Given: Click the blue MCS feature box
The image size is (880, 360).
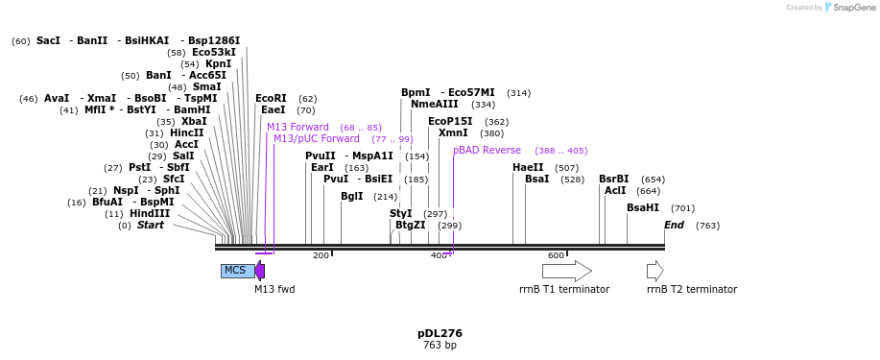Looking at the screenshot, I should tap(237, 271).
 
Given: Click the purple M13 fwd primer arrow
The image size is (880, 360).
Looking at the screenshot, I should tap(260, 271).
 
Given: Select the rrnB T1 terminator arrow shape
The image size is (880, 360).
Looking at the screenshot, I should tap(566, 271).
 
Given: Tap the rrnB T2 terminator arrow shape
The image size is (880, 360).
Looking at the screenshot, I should tap(654, 271).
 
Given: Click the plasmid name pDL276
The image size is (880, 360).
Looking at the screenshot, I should tap(440, 333).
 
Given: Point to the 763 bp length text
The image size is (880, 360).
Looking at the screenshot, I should tap(440, 346).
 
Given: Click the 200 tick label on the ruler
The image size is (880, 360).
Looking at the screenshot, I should tap(321, 255).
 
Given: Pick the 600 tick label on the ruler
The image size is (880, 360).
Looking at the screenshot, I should tap(556, 255).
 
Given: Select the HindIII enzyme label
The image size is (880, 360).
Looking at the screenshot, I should tap(150, 214).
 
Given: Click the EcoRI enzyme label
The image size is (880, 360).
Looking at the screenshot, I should tap(271, 99).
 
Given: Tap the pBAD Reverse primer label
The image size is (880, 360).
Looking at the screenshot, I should tap(488, 151).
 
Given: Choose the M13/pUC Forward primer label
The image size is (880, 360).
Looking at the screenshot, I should tap(317, 139).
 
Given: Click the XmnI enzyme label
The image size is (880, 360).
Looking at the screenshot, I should tap(453, 133).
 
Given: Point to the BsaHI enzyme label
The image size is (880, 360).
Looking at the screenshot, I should tap(643, 208).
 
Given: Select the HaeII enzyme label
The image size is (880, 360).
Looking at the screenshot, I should tap(528, 168).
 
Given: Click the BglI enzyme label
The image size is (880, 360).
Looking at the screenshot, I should tap(352, 197).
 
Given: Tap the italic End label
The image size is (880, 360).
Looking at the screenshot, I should tap(674, 226).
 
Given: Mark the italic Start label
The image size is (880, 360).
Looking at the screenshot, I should tap(151, 226).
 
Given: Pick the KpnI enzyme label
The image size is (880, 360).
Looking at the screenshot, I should tap(218, 64).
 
